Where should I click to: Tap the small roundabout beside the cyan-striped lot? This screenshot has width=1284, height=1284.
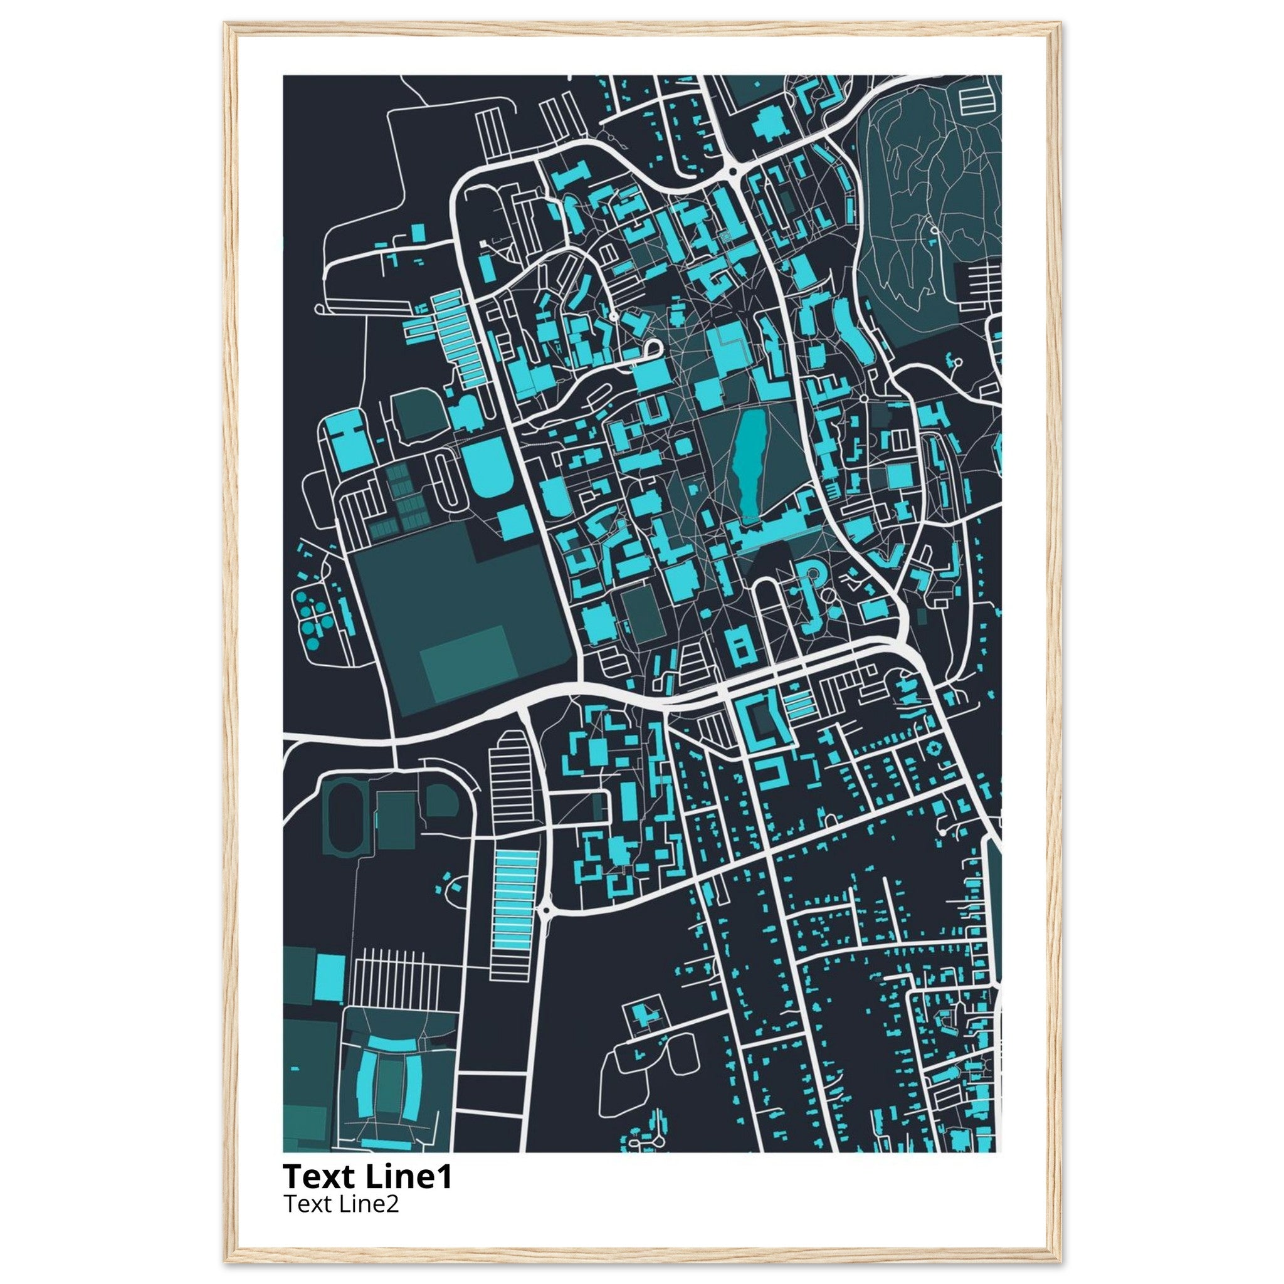[545, 908]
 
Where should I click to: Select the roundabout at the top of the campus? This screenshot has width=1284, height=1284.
[733, 171]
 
